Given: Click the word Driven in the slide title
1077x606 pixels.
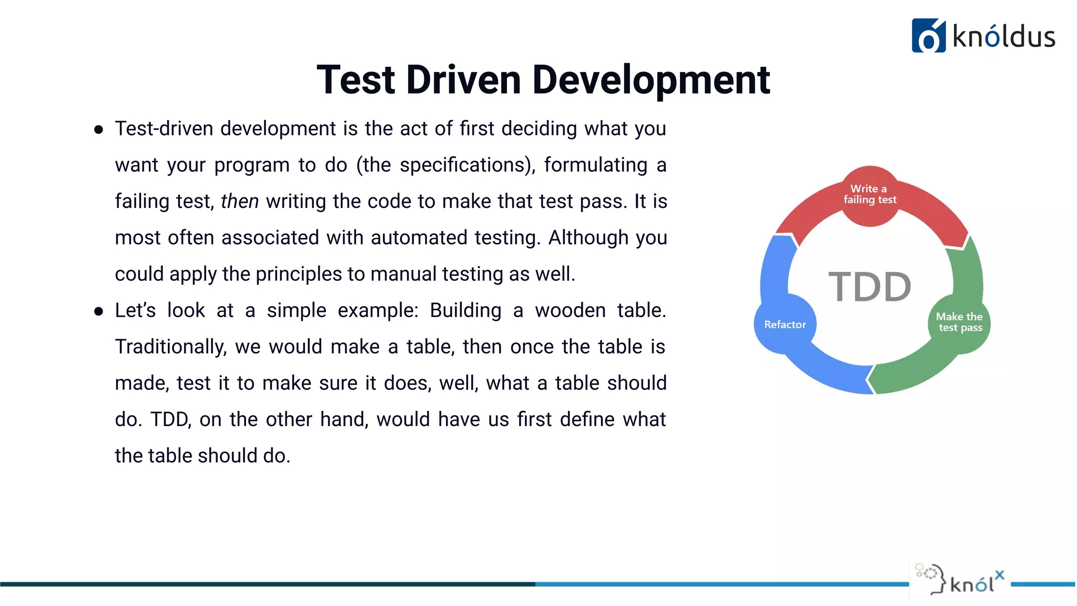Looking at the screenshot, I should [x=463, y=80].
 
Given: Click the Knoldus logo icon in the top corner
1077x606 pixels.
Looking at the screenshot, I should [x=928, y=36].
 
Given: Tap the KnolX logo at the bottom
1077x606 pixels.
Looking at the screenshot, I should [x=960, y=580].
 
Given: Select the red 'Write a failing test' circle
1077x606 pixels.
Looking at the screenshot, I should [x=870, y=195].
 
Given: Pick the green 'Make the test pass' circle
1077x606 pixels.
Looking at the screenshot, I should [x=960, y=322].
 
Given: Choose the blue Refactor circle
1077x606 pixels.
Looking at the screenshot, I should [x=785, y=325].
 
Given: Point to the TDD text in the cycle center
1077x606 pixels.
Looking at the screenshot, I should [x=870, y=287].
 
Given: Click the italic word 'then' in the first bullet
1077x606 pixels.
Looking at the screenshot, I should [x=239, y=201].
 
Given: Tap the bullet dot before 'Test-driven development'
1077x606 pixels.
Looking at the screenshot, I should [x=98, y=129].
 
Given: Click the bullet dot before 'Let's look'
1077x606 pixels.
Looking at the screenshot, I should [x=98, y=311].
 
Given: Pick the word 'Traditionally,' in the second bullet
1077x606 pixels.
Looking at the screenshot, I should [x=171, y=347].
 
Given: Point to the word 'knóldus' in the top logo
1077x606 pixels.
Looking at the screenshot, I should [x=1003, y=37].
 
